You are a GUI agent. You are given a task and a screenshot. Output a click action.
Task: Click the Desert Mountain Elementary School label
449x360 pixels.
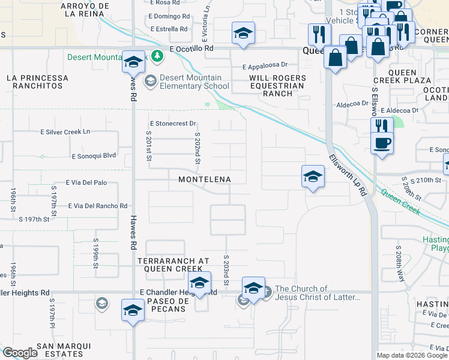[x=191, y=82]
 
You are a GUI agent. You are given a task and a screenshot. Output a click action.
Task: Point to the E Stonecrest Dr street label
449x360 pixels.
[x=173, y=124]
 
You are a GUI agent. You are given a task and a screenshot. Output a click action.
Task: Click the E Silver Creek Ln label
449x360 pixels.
[x=65, y=131]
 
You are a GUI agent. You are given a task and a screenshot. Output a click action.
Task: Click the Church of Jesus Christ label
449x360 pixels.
[x=318, y=293]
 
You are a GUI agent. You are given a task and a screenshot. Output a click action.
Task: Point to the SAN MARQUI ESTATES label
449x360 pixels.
[x=64, y=350]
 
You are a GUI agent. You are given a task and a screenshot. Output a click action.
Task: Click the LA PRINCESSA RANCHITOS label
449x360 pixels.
[x=38, y=82]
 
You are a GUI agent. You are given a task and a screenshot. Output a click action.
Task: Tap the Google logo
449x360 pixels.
[x=20, y=353]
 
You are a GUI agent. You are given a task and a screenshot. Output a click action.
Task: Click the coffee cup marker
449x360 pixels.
[x=382, y=144]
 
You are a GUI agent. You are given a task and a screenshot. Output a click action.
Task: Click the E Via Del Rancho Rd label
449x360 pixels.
[x=98, y=206]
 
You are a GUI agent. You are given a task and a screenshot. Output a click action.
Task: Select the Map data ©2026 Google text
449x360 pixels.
[x=411, y=355]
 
